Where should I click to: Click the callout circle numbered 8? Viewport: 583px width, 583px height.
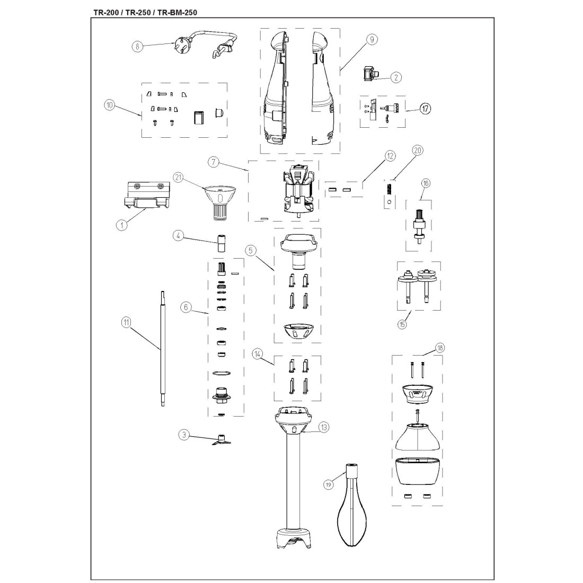tap(138, 47)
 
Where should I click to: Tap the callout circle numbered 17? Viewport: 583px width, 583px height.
tap(425, 109)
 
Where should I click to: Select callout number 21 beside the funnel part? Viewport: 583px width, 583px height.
tap(179, 178)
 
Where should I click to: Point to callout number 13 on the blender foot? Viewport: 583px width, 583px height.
tap(323, 428)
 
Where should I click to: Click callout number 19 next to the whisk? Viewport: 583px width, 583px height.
tap(328, 484)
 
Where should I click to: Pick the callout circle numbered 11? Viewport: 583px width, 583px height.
tap(127, 322)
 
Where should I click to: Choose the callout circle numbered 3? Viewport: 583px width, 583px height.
tap(184, 435)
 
